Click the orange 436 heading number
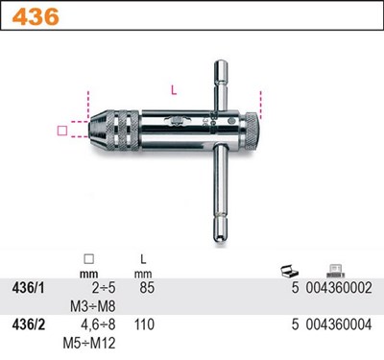point(36,16)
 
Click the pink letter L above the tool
point(174,90)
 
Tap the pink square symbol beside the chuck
point(62,131)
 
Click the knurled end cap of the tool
point(251,132)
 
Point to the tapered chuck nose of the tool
point(97,131)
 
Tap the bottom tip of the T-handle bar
point(220,240)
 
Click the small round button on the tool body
point(232,122)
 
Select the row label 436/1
point(28,288)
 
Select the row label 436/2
point(28,324)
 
